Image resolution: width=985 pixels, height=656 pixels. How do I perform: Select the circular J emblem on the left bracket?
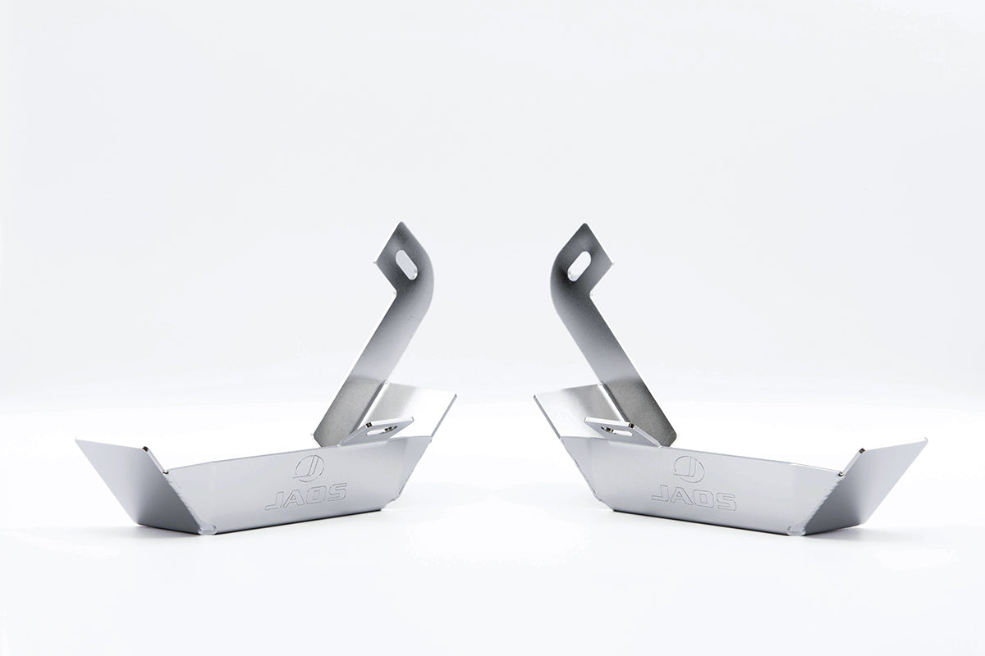[x=309, y=467]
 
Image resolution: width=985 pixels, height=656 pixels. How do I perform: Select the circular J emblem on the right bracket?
[x=688, y=467]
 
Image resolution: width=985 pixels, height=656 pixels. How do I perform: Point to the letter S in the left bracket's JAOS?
[x=336, y=489]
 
